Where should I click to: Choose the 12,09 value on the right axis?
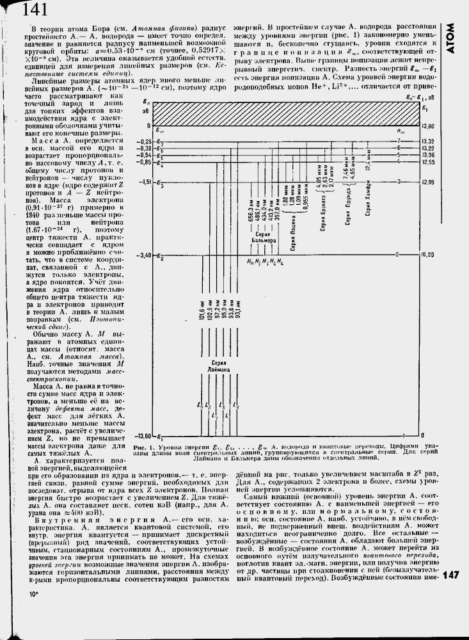(x=427, y=182)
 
